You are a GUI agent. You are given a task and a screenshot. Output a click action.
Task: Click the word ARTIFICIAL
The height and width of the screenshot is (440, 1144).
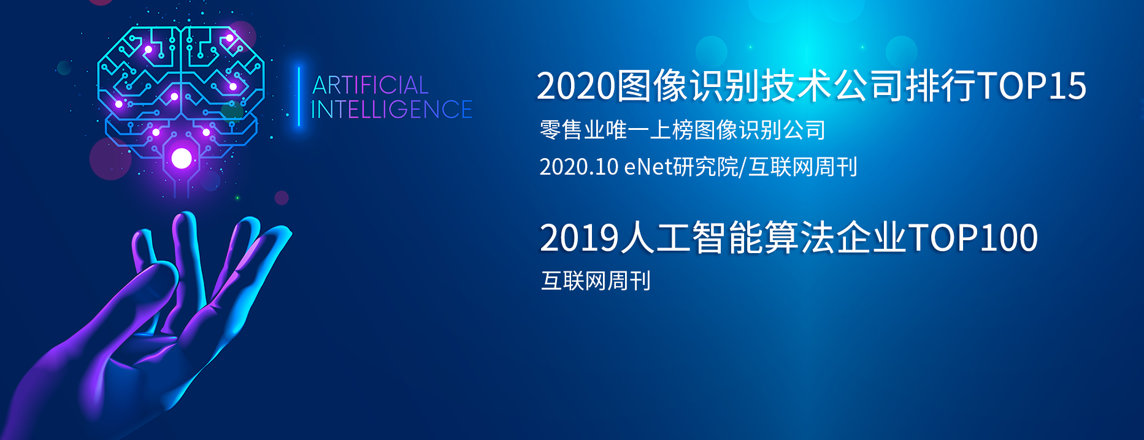coord(370,85)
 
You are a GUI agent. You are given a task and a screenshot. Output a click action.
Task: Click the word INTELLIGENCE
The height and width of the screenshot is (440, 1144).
coord(391,110)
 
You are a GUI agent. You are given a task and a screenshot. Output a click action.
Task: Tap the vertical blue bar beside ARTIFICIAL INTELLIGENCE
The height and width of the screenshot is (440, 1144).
coord(299,96)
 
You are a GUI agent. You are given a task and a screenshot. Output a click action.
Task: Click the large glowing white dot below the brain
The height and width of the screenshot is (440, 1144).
coord(182,158)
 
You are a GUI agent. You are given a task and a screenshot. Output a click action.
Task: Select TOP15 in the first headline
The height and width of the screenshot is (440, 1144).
coord(1032,85)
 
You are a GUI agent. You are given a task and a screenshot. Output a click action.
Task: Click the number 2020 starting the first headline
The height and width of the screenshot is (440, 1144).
coord(576,85)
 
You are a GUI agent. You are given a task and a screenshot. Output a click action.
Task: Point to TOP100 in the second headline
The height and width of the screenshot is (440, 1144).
coord(972,238)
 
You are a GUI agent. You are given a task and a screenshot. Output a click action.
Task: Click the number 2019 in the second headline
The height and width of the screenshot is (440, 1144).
coord(580,238)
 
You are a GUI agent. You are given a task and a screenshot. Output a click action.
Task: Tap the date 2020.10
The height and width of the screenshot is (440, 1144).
coord(578,167)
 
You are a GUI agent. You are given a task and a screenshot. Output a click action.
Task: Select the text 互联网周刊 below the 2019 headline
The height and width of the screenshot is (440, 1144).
coord(596,281)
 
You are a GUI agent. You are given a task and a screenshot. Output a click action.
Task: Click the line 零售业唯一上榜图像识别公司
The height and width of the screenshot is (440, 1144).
coord(683,130)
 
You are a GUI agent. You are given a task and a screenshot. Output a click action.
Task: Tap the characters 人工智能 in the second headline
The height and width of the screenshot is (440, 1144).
coord(691,238)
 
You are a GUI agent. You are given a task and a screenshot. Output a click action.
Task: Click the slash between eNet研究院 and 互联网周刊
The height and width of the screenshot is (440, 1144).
coord(743,167)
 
